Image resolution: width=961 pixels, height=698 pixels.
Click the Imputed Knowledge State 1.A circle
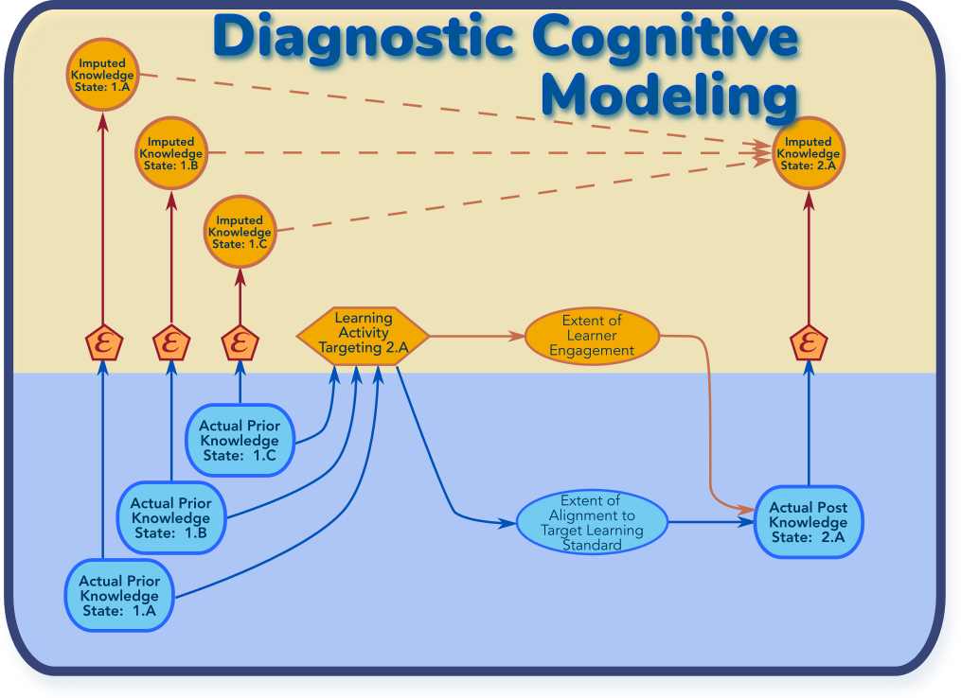[x=103, y=75]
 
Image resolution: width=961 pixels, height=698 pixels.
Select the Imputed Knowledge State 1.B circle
[x=171, y=153]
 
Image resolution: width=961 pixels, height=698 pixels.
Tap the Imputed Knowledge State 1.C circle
[x=240, y=232]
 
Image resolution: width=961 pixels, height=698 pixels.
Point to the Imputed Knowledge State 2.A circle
[x=809, y=153]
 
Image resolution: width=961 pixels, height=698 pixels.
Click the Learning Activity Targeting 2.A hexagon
[x=364, y=336]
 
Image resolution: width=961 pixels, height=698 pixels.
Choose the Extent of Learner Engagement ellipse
[x=592, y=336]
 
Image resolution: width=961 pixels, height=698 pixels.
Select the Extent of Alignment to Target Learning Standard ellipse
[x=592, y=523]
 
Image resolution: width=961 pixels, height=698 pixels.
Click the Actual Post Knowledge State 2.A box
[x=809, y=522]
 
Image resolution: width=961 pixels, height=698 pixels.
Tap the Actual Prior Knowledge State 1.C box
[x=240, y=440]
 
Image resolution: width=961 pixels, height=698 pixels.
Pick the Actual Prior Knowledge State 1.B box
[x=171, y=518]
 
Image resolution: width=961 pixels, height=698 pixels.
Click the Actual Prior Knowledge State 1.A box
[x=119, y=596]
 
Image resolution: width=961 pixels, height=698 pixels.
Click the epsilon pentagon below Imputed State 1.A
[x=103, y=343]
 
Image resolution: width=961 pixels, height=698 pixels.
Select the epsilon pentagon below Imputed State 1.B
[x=171, y=343]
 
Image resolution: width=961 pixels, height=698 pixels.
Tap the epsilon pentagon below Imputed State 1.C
[x=240, y=343]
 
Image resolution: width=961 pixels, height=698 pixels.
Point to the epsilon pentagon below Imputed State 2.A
[x=809, y=343]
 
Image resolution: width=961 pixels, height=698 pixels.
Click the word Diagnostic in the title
[x=364, y=38]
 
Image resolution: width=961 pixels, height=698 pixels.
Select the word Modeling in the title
[x=669, y=95]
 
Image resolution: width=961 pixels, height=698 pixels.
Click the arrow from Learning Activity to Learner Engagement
[x=477, y=336]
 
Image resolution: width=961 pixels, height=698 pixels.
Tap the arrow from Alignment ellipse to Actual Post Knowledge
[x=711, y=522]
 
